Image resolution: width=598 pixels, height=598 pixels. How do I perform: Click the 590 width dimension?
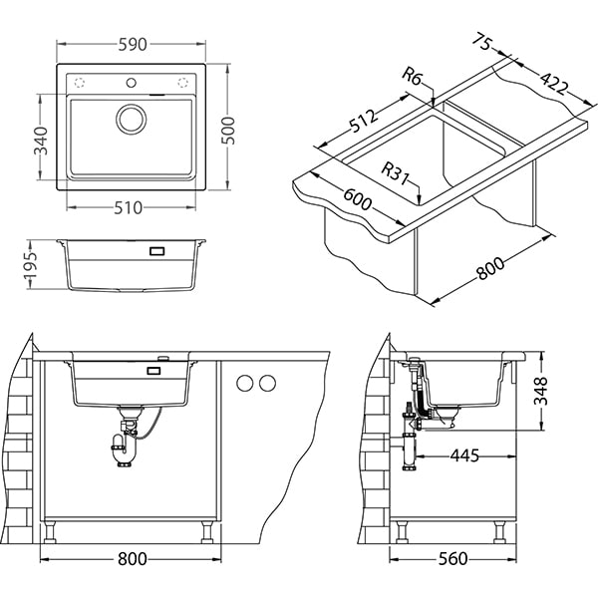133,45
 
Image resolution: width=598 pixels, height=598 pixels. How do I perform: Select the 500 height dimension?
228,131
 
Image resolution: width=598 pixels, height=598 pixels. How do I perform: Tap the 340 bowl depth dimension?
41,141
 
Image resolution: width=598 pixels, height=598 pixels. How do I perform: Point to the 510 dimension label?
129,208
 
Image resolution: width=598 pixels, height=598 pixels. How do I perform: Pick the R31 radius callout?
395,173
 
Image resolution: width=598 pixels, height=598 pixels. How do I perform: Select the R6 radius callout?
413,77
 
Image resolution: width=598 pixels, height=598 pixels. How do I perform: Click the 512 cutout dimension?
364,121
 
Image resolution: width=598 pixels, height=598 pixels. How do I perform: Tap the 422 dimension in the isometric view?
554,83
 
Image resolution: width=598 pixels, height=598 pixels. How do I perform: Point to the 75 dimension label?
481,41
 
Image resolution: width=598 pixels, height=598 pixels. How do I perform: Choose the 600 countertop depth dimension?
357,198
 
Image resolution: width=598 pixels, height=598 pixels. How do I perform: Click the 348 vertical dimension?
540,391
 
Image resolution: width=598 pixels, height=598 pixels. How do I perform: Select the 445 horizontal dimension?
464,455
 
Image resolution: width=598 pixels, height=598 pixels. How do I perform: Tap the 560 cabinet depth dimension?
452,559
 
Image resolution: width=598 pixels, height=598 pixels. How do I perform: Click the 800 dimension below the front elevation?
132,559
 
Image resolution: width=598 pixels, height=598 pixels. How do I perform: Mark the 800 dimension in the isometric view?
490,268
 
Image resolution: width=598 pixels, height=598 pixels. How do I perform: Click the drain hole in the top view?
131,119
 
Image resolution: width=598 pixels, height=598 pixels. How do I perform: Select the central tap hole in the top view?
131,83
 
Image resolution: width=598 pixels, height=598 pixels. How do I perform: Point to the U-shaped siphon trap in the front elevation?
124,447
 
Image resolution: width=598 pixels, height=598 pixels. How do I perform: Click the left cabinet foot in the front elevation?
50,532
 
